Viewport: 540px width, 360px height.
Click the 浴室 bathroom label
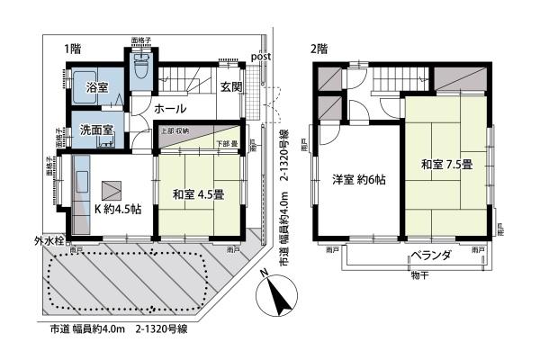(97, 88)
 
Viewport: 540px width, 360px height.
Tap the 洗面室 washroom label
(94, 130)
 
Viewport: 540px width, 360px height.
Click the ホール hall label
(170, 109)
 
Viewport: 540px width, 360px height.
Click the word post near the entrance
(262, 57)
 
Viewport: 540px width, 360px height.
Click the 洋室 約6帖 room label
(358, 179)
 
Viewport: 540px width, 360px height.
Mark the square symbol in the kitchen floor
(111, 191)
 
